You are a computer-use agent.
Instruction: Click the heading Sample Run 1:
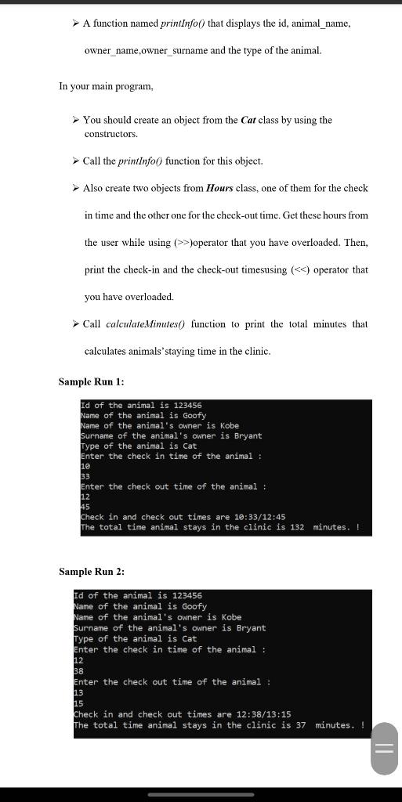92,381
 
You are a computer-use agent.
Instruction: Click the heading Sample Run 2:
92,572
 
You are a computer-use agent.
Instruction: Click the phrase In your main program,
106,86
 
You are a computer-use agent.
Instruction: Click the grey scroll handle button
384,749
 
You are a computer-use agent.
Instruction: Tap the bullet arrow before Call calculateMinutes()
75,324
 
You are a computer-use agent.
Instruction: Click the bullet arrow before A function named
75,23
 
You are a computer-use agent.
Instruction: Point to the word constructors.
110,135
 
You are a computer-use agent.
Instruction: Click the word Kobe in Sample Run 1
228,425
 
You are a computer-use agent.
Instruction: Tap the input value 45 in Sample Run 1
85,507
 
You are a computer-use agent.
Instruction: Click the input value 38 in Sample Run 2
78,671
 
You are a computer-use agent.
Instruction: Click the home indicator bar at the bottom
201,793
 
